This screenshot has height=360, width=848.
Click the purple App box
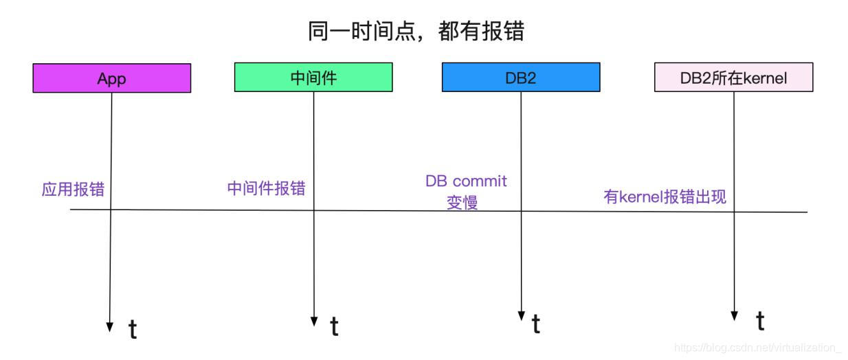point(111,78)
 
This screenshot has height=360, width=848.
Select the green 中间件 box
point(313,78)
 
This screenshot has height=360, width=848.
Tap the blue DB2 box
point(520,78)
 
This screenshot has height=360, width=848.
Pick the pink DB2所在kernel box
point(733,78)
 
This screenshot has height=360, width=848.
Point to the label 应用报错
point(73,190)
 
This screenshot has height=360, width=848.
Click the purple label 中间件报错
point(266,188)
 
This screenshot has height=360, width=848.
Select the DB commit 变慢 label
point(466,192)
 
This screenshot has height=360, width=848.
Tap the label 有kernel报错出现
point(665,196)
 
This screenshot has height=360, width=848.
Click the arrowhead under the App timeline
point(110,327)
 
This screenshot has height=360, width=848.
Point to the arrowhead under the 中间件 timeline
point(314,321)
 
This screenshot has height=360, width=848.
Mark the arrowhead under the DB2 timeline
point(521,316)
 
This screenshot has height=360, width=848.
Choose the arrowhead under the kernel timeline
point(735,315)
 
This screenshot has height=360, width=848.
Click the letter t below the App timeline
point(133,330)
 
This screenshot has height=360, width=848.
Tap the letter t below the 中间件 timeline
point(334,327)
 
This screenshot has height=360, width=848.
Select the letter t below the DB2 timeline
point(536,324)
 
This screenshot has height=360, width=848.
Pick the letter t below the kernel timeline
point(760,321)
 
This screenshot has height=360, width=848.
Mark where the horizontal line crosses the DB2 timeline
point(521,211)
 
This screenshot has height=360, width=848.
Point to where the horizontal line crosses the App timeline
point(111,210)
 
